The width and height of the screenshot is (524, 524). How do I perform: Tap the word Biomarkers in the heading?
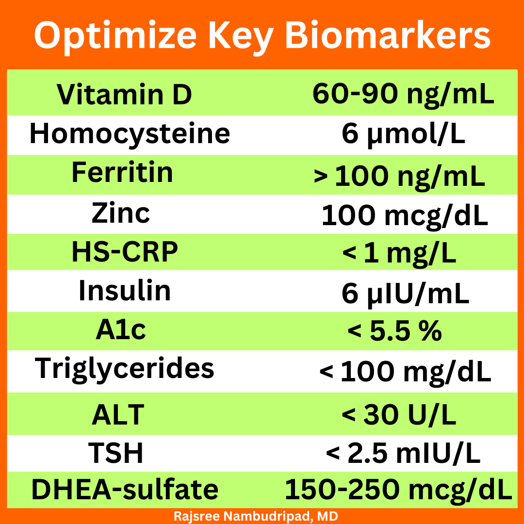[388, 34]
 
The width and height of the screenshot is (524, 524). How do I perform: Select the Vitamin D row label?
[124, 94]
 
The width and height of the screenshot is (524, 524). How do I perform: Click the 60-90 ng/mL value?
[403, 95]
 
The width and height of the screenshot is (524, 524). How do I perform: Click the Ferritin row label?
[122, 172]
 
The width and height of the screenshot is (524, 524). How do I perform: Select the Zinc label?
[121, 213]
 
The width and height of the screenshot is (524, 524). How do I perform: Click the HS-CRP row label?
[125, 252]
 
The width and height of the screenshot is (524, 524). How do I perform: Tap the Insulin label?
[125, 291]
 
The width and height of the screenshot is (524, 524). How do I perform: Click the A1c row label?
[121, 330]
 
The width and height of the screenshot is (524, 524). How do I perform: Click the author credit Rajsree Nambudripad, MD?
[256, 516]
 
